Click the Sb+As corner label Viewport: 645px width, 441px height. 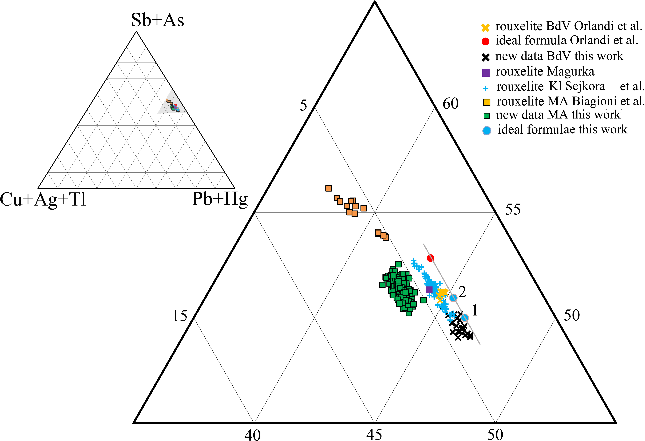click(x=157, y=20)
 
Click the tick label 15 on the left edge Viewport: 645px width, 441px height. click(x=180, y=316)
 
